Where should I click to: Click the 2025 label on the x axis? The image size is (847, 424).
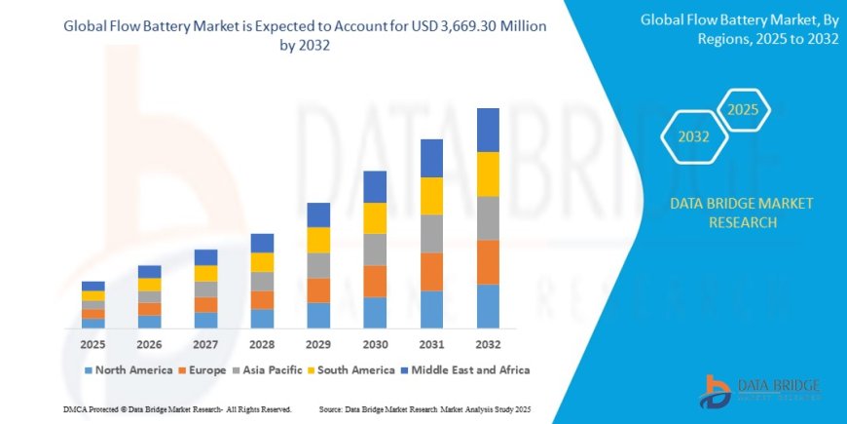point(93,344)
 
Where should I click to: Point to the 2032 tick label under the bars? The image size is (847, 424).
point(488,344)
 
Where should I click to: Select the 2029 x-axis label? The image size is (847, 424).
point(319,344)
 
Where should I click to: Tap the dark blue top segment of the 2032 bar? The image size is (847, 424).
point(488,130)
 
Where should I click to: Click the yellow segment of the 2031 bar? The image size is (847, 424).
point(431,196)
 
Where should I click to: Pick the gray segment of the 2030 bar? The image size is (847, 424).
point(375,250)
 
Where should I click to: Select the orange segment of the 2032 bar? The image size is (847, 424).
point(488,262)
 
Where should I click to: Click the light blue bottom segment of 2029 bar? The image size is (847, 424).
point(319,315)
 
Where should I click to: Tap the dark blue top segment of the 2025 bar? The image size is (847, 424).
point(93,286)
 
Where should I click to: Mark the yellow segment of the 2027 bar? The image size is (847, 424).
point(206,274)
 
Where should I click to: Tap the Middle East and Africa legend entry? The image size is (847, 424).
point(465,370)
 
